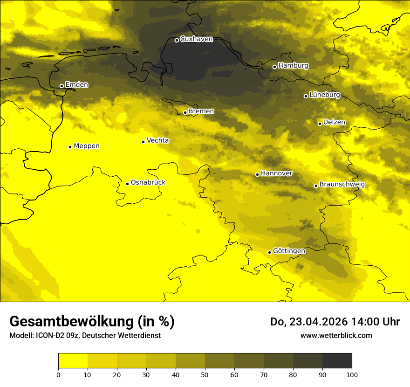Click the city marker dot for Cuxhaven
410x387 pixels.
click(x=177, y=40)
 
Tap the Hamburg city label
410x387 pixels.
click(x=293, y=66)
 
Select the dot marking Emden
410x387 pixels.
click(x=61, y=86)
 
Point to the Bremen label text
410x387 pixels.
click(x=201, y=111)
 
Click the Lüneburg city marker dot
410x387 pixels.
click(x=306, y=96)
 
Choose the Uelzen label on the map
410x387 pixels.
click(x=334, y=122)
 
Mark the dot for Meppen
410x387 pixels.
click(x=70, y=147)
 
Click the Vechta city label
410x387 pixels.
click(x=157, y=140)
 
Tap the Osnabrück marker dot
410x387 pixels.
click(x=127, y=184)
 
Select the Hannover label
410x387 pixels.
click(x=276, y=173)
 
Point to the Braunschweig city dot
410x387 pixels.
click(x=316, y=186)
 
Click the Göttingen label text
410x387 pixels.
click(x=289, y=251)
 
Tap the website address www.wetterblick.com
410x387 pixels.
click(x=336, y=335)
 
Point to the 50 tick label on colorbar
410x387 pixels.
click(x=205, y=374)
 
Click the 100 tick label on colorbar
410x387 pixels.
click(x=352, y=374)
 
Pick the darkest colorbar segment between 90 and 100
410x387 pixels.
click(x=337, y=361)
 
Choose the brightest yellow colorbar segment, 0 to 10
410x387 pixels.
click(x=73, y=361)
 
